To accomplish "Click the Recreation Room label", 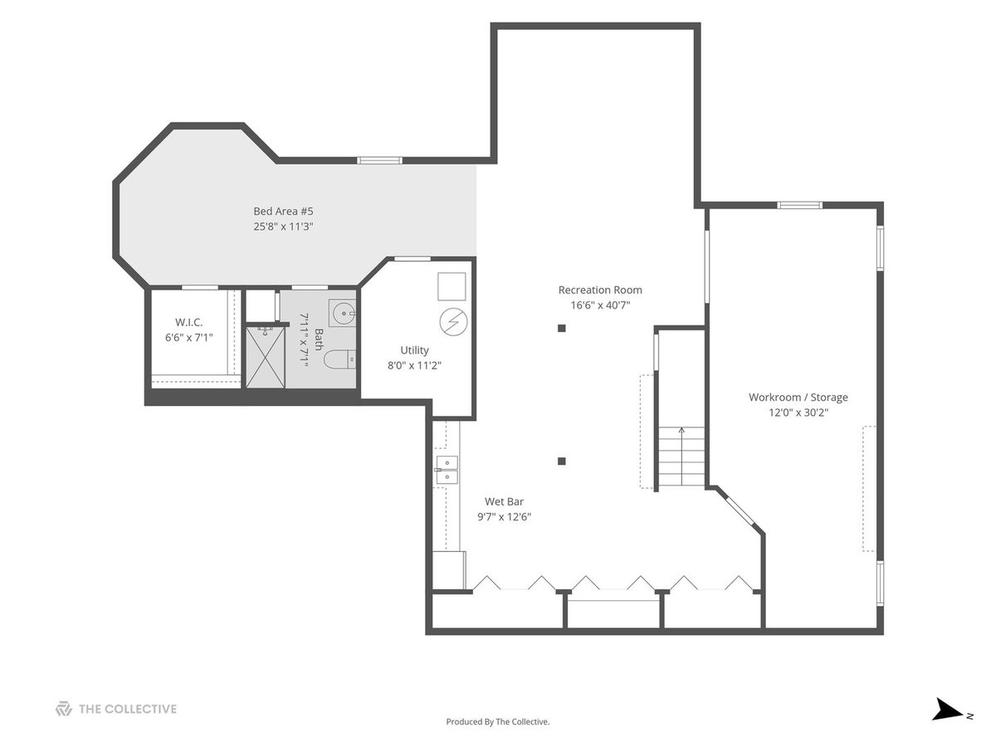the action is click(x=600, y=290).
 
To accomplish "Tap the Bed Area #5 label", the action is click(x=283, y=211).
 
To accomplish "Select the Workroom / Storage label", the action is click(x=798, y=398).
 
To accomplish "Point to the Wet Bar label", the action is click(x=504, y=501).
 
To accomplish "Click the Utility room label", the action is click(x=414, y=350).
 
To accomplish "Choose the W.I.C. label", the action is click(x=188, y=323).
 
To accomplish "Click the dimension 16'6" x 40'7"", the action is click(x=600, y=305).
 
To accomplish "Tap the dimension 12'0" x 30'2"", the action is click(x=798, y=413).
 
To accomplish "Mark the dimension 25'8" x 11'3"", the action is click(x=283, y=227).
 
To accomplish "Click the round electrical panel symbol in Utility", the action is click(x=453, y=322).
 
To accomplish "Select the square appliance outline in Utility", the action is click(x=452, y=286).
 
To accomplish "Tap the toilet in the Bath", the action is click(x=339, y=360).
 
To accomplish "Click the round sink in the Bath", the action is click(x=343, y=313).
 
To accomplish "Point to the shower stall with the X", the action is click(x=266, y=358).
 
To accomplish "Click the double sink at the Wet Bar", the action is click(x=447, y=470).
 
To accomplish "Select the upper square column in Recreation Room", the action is click(x=561, y=329).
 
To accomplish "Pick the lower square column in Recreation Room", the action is click(x=561, y=461).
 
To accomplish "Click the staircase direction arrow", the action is click(x=681, y=456).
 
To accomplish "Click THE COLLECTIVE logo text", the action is click(x=128, y=709).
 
